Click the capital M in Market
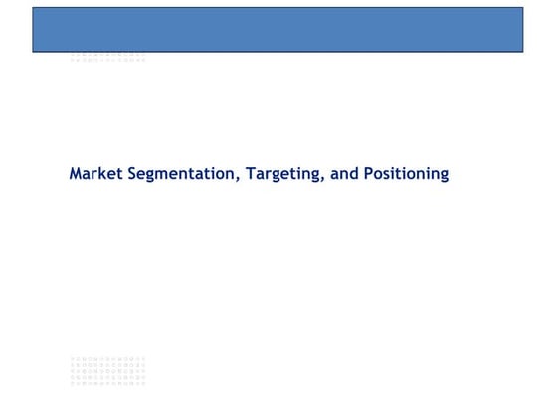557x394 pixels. click(76, 174)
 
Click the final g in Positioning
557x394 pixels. click(444, 176)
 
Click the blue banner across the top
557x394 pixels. click(278, 29)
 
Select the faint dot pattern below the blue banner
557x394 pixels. click(107, 57)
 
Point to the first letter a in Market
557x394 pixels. click(88, 175)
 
